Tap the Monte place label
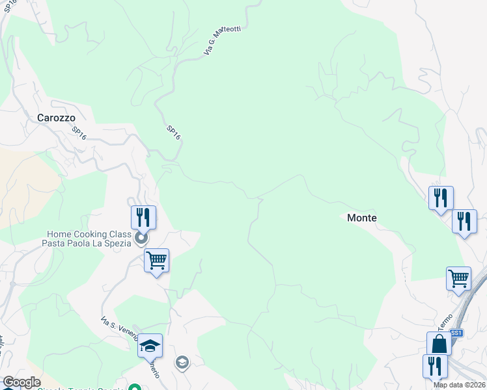coord(361,218)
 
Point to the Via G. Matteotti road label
coord(218,40)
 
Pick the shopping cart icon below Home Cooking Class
coord(156,261)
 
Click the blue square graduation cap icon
coord(150,346)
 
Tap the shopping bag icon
coord(439,344)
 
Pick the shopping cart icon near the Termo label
coord(458,278)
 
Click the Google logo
coord(21,382)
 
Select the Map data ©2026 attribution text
coord(460,385)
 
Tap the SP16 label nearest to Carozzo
coord(79,133)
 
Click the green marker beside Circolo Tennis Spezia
coord(135,387)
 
